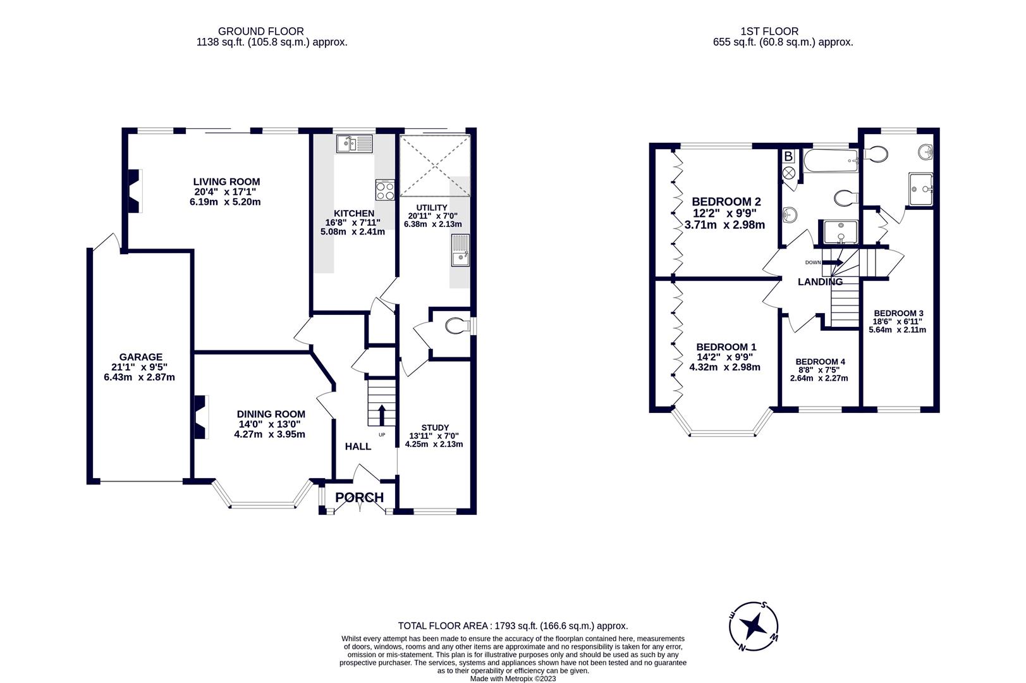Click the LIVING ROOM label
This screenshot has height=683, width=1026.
226,182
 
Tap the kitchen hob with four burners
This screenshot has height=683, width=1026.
384,189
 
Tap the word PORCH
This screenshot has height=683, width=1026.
359,498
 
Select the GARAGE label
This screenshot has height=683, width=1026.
140,357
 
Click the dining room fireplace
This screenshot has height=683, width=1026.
201,417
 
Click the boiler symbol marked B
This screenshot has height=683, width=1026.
788,156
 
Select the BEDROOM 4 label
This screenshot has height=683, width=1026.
820,362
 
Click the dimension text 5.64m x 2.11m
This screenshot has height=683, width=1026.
897,329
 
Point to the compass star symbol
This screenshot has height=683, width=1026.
754,626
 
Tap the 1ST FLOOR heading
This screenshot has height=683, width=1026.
769,31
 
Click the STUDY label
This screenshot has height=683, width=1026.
435,428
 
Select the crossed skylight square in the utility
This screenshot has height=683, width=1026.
435,166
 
